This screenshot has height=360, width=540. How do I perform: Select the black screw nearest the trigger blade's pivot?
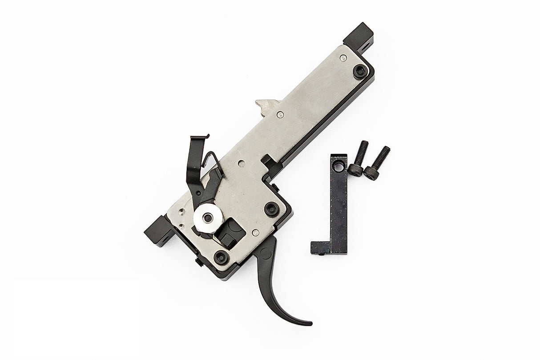(x=270, y=208)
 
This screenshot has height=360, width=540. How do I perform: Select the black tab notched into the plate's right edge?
(x=268, y=159)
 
